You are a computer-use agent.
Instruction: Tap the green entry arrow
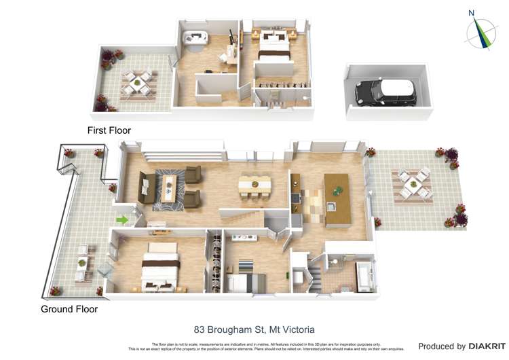(122, 219)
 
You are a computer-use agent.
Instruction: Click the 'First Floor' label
(109, 130)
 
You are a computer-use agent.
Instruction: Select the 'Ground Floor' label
(69, 309)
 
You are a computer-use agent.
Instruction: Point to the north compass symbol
(483, 32)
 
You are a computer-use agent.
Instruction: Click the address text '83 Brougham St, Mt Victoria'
(254, 329)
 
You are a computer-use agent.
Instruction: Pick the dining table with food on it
(254, 185)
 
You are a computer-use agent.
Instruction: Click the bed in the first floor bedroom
(274, 52)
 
